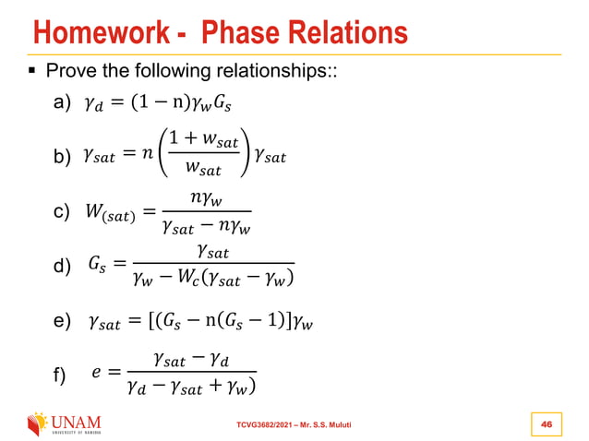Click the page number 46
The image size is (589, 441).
[546, 423]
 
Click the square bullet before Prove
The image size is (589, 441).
[33, 71]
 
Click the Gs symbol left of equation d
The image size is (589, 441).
[96, 266]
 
